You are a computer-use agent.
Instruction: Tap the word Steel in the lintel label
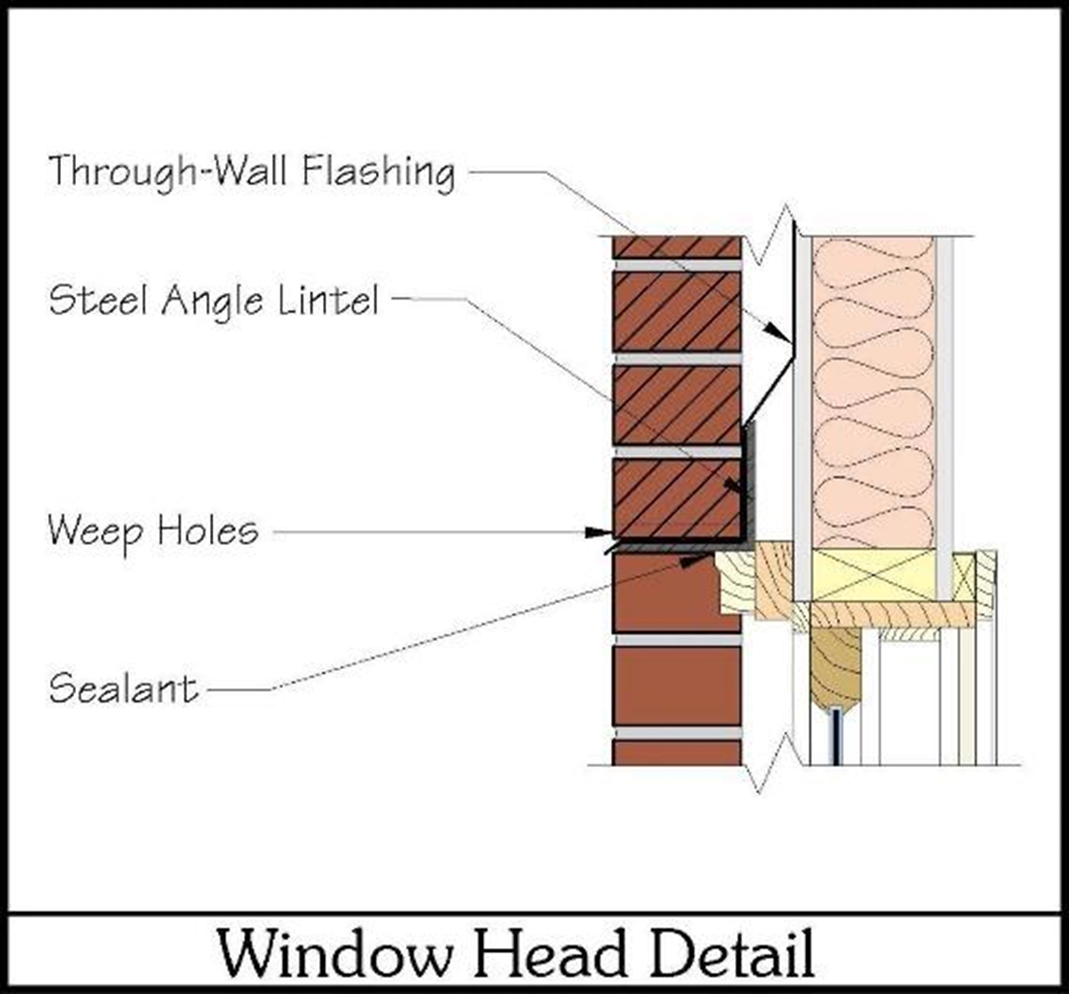(x=99, y=300)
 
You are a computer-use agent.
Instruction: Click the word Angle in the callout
(x=213, y=301)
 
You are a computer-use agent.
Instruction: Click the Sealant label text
(x=124, y=689)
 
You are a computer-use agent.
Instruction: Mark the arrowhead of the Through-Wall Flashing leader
(x=777, y=332)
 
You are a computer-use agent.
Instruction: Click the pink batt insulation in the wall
(x=873, y=390)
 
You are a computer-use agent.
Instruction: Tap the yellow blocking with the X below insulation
(x=873, y=575)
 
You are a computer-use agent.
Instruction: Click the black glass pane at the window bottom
(x=836, y=735)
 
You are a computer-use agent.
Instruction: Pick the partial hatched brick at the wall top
(x=676, y=247)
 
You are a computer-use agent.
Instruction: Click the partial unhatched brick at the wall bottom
(x=676, y=752)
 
